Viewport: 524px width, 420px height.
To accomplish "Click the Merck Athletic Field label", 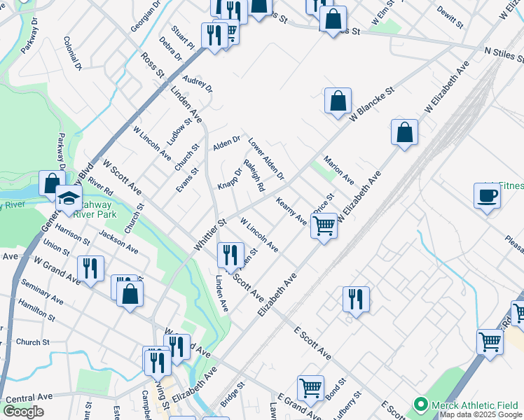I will point(474,405).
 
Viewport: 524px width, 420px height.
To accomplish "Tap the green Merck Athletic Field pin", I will point(420,405).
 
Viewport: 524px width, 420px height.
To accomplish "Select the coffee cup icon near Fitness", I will point(487,197).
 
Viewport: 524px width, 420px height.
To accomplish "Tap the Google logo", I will point(24,412).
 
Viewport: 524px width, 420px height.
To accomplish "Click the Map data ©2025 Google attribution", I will point(481,415).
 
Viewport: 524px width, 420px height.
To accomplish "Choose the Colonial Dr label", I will point(72,53).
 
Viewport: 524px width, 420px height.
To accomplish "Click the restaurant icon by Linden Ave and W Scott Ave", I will point(230,255).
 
